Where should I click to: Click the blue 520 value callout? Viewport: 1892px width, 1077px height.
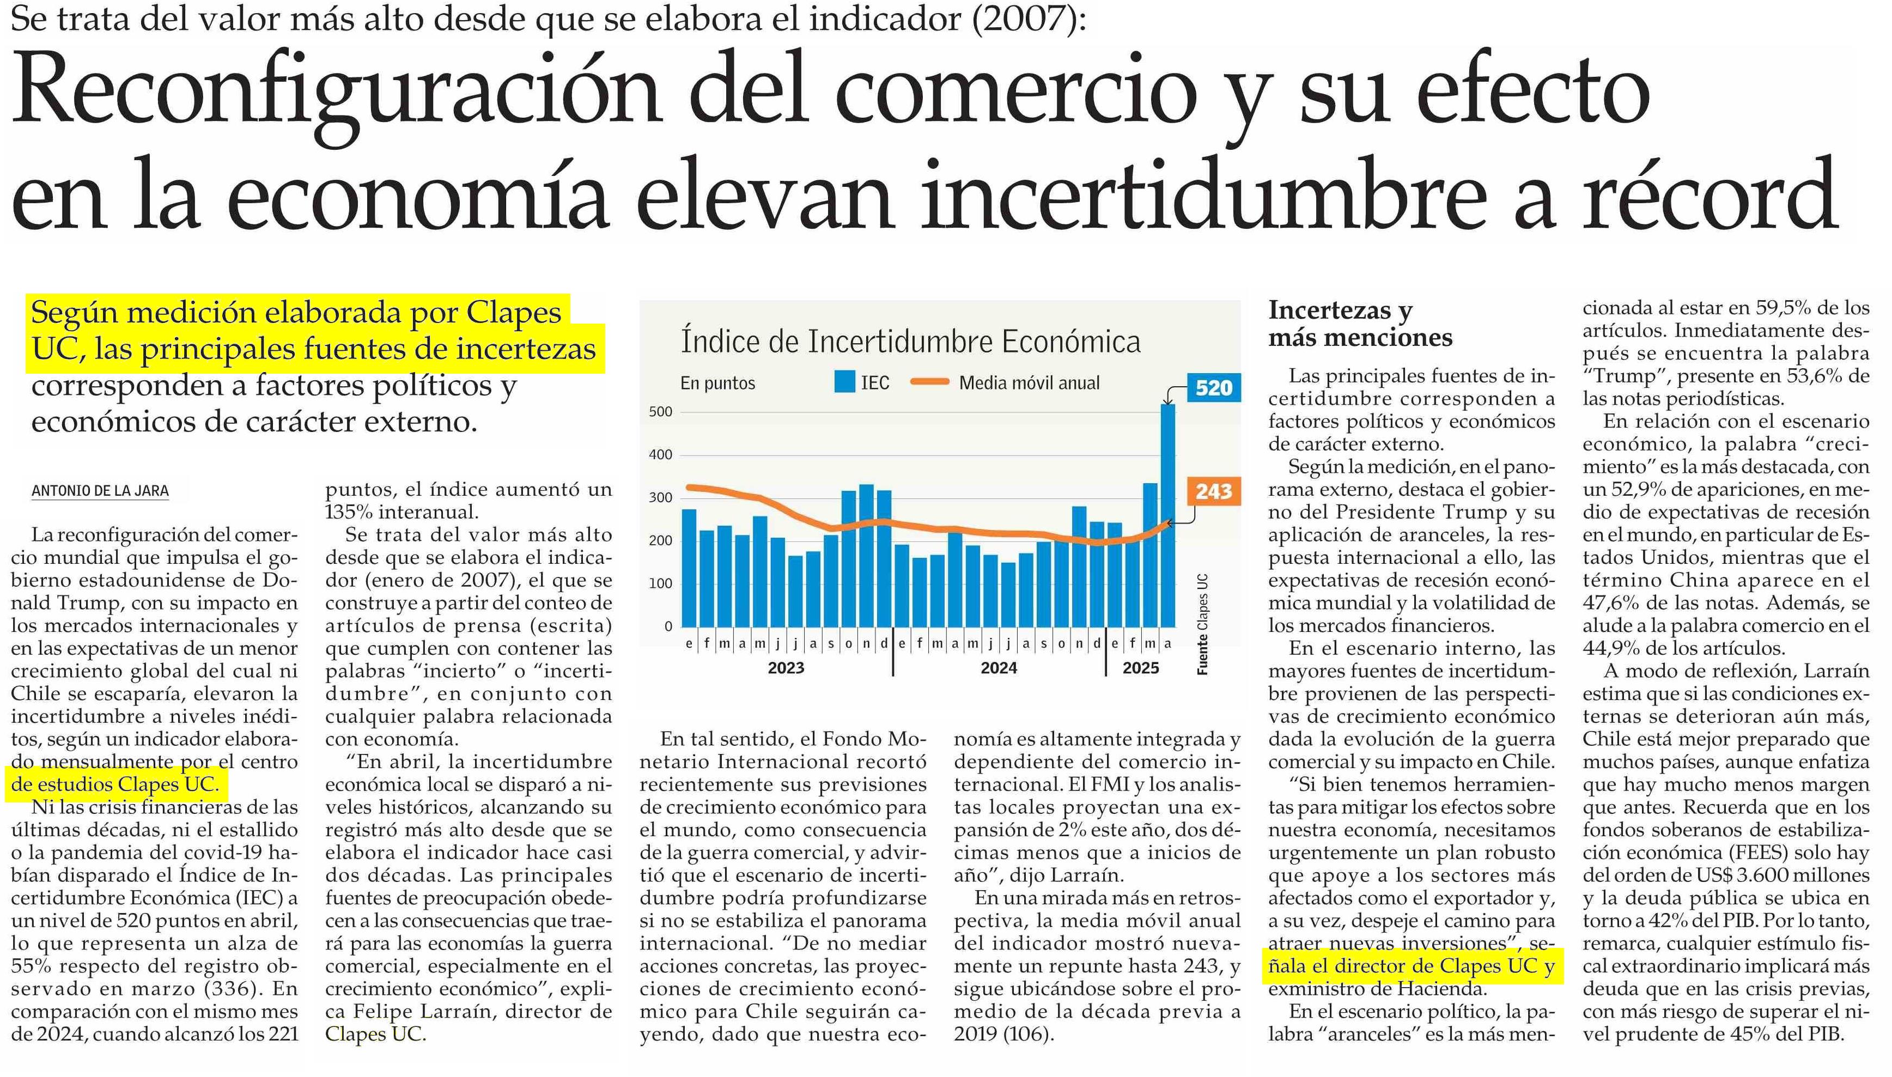pyautogui.click(x=1213, y=388)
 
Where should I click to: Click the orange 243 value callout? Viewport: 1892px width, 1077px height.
pyautogui.click(x=1213, y=491)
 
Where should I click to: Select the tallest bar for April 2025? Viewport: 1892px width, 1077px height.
pyautogui.click(x=1167, y=518)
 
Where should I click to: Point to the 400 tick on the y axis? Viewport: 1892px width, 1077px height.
pyautogui.click(x=660, y=455)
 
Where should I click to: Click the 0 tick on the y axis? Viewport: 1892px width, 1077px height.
pyautogui.click(x=668, y=626)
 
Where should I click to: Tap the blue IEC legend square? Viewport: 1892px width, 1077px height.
pyautogui.click(x=844, y=382)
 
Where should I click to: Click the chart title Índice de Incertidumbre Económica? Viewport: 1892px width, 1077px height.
pyautogui.click(x=910, y=342)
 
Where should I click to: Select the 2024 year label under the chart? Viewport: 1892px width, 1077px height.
pyautogui.click(x=999, y=668)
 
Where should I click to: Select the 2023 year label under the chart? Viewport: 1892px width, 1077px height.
pyautogui.click(x=786, y=668)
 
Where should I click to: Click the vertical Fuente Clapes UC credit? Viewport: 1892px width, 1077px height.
pyautogui.click(x=1203, y=624)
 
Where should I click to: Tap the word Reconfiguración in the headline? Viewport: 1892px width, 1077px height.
pyautogui.click(x=337, y=93)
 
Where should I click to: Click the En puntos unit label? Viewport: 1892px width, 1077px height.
pyautogui.click(x=717, y=383)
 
